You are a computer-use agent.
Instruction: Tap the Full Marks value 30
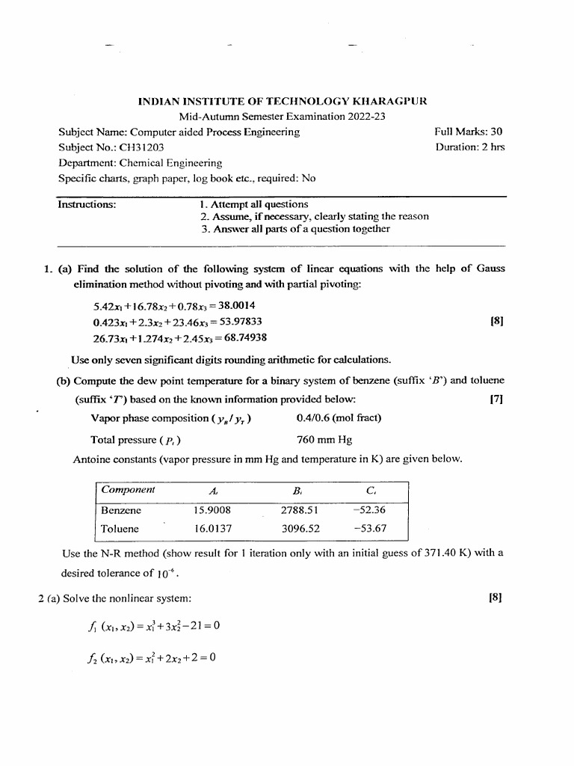tap(496, 132)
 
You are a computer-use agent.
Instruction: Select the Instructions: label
tap(87, 204)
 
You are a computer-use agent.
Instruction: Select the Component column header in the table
tap(128, 490)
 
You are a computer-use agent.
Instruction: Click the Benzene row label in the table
tap(121, 510)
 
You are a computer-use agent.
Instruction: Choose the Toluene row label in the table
tap(120, 528)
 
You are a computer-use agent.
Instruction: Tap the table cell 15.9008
tap(212, 510)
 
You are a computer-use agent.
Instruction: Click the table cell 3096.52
tap(300, 528)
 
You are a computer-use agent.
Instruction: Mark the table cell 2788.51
tap(300, 510)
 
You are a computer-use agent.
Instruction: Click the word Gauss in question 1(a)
tap(490, 269)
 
